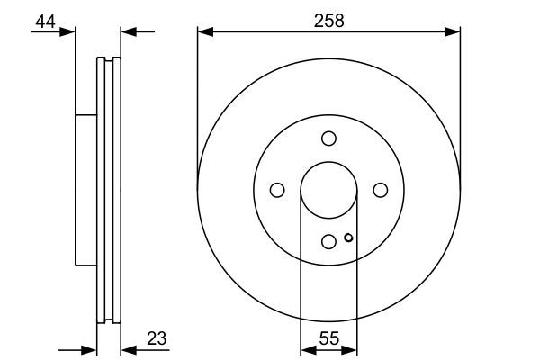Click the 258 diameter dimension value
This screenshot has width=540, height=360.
328,20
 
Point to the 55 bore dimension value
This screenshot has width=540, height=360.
328,339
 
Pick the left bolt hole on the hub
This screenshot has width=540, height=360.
277,190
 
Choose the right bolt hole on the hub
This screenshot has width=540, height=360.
380,190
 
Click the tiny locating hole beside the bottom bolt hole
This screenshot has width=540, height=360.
348,238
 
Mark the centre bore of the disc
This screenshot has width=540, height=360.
328,189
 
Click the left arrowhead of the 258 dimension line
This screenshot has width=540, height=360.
202,32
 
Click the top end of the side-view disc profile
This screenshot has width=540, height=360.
108,60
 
